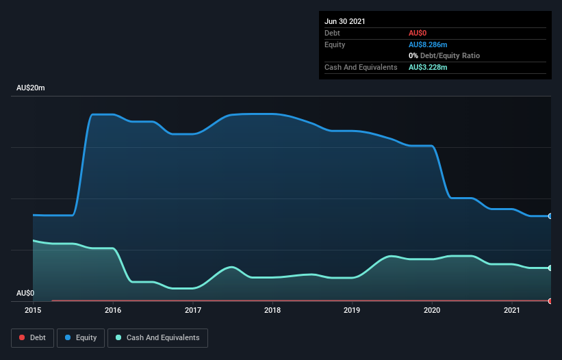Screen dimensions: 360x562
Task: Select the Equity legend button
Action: click(x=81, y=337)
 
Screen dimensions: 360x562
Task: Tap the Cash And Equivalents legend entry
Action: click(x=157, y=337)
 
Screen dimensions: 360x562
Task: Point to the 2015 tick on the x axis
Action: click(x=33, y=310)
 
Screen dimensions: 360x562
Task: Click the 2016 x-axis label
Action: click(x=113, y=310)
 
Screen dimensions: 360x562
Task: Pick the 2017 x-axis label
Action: click(x=193, y=310)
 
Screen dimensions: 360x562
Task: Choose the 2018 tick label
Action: click(x=272, y=310)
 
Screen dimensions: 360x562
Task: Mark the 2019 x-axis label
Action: click(x=353, y=310)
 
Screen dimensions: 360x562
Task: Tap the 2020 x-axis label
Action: click(x=432, y=310)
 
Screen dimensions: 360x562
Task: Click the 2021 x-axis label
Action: click(x=511, y=310)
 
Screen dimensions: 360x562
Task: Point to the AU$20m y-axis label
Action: click(x=31, y=88)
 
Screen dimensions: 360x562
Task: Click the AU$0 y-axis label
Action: click(x=25, y=293)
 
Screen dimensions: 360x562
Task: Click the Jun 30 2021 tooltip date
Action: click(x=345, y=21)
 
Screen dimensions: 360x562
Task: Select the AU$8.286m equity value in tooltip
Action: click(x=428, y=44)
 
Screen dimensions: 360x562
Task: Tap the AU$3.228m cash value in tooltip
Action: click(x=428, y=67)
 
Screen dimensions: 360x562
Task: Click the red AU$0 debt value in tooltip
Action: click(x=418, y=33)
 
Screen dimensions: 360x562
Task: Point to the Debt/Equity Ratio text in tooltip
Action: click(x=448, y=55)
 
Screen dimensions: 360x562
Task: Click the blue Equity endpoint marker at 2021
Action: click(x=550, y=216)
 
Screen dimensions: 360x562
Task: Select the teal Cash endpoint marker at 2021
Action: click(x=550, y=268)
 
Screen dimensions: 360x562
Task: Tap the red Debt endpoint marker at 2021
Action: click(x=550, y=301)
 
